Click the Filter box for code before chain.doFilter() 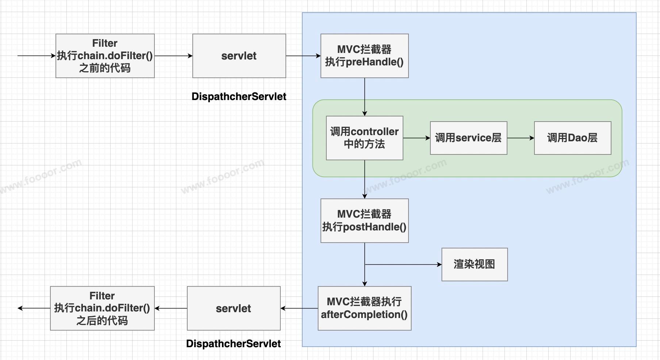(x=105, y=56)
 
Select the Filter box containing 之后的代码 (x=102, y=308)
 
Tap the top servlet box (x=239, y=56)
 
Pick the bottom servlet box (x=234, y=308)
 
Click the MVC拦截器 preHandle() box (x=364, y=56)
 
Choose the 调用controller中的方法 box (x=364, y=138)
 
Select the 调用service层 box (x=468, y=138)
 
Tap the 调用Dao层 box (x=572, y=138)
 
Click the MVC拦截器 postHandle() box (x=364, y=221)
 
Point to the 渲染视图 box (x=475, y=264)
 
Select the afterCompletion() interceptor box (x=364, y=308)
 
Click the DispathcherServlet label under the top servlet (x=239, y=96)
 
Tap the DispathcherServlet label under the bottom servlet (x=234, y=344)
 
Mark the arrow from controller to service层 (x=417, y=138)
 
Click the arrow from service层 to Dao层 (x=521, y=138)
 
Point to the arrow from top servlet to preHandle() (x=303, y=56)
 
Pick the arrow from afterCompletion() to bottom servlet (x=299, y=308)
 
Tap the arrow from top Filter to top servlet (x=173, y=56)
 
